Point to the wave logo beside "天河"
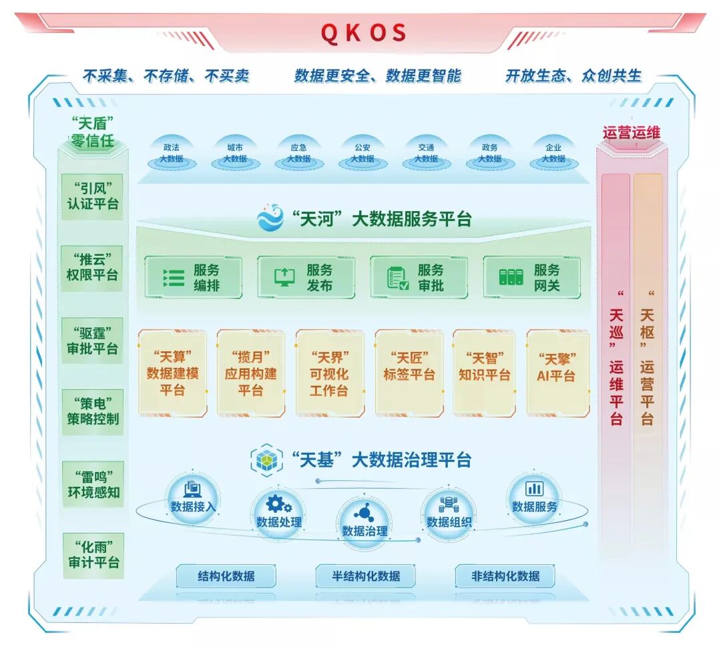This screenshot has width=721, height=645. [271, 218]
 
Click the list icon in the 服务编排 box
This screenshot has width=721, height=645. [173, 277]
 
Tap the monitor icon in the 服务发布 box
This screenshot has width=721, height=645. [284, 277]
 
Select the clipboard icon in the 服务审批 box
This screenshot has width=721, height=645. [399, 277]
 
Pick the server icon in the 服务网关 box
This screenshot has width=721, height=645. [511, 277]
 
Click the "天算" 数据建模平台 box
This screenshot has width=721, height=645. [172, 373]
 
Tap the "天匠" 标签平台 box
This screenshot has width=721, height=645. [409, 373]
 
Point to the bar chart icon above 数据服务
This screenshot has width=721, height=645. [534, 488]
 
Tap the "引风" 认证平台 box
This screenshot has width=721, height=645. [93, 194]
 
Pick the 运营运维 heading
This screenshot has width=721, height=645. [631, 132]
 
